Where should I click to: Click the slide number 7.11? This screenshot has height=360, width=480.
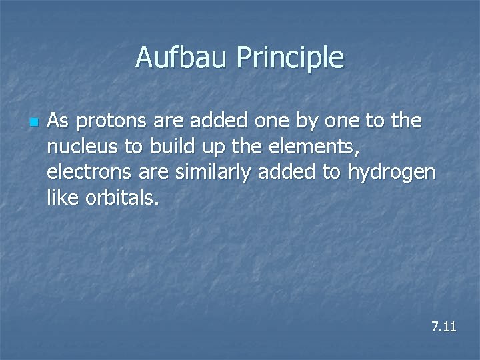coord(443,327)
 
